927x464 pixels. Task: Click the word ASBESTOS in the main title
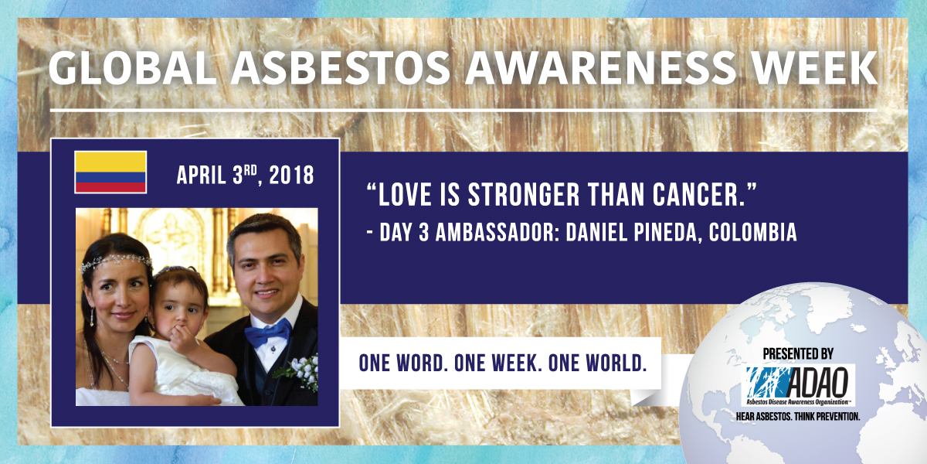[x=340, y=68]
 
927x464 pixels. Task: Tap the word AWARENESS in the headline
[x=600, y=68]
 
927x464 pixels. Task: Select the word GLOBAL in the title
[x=132, y=68]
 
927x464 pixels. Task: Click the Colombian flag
[x=110, y=172]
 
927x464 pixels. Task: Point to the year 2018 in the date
[x=291, y=176]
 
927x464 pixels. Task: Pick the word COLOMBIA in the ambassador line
[x=753, y=233]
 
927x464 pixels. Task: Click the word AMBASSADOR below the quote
[x=495, y=233]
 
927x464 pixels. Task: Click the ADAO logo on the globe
[x=798, y=385]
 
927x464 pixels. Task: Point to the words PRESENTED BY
[x=798, y=354]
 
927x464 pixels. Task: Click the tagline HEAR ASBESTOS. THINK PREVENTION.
[x=798, y=416]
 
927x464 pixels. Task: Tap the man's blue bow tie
[x=268, y=333]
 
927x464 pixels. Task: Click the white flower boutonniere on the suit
[x=301, y=370]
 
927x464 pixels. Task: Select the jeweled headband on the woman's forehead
[x=116, y=263]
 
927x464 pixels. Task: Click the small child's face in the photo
[x=182, y=306]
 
